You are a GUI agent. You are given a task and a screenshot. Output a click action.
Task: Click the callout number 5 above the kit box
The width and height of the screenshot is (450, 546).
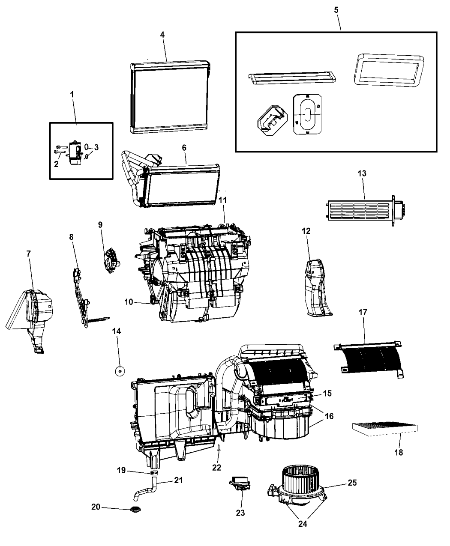[x=336, y=10]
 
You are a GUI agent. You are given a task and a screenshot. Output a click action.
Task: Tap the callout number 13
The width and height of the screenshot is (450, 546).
[x=362, y=173]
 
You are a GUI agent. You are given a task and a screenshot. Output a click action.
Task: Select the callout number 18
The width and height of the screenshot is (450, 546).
[x=399, y=452]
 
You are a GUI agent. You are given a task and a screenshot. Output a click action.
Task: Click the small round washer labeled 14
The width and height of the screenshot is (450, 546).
[x=120, y=371]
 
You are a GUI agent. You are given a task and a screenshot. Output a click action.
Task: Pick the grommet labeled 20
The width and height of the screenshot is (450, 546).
[x=135, y=510]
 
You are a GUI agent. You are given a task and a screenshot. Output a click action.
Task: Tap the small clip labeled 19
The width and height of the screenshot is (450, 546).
[x=154, y=473]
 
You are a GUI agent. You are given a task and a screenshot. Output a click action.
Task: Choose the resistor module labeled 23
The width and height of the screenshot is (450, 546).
[x=240, y=483]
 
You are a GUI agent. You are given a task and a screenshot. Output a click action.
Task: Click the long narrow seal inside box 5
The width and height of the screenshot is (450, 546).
[x=292, y=78]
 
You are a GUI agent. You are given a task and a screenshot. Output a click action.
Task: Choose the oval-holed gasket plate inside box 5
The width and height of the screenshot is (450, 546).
[x=307, y=114]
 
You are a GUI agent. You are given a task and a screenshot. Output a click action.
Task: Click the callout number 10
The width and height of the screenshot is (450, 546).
[x=129, y=302]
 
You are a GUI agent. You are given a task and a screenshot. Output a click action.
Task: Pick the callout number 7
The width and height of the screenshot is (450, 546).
[x=29, y=254]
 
